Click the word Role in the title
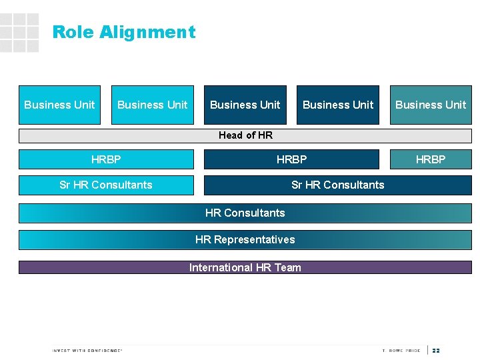[x=69, y=32]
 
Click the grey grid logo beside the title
[x=19, y=33]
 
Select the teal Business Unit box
[x=431, y=105]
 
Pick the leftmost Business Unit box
[x=59, y=105]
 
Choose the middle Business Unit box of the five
[x=245, y=105]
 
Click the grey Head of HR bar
[x=245, y=135]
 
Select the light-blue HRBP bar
[x=106, y=159]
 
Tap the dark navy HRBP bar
[x=291, y=159]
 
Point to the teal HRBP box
[x=431, y=159]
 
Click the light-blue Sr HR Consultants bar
[x=106, y=185]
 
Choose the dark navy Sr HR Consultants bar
[x=337, y=185]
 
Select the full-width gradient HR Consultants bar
[x=245, y=213]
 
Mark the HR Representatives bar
[x=245, y=239]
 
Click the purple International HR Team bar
[x=245, y=267]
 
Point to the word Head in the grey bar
[x=231, y=135]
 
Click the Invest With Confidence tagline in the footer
[x=87, y=351]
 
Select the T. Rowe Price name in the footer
[x=401, y=351]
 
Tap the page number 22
[x=436, y=351]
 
